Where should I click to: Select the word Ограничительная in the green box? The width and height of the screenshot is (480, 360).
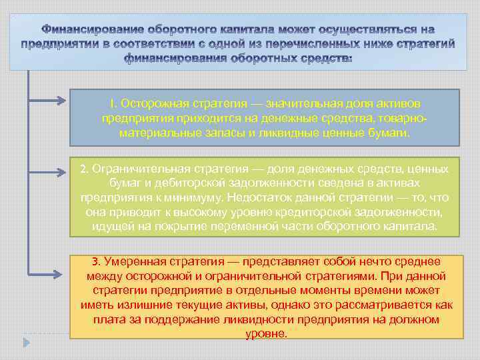point(133,169)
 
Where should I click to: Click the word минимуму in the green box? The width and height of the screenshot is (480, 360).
point(193,198)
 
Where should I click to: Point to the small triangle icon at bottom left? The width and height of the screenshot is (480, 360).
point(26,342)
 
